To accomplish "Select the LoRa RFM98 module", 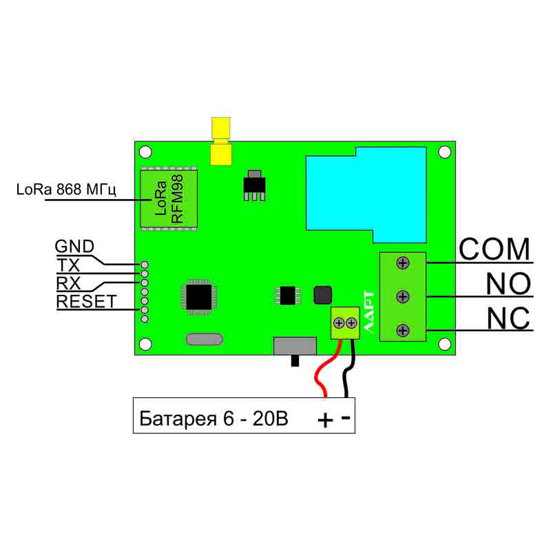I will [168, 197].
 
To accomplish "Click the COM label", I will [494, 249].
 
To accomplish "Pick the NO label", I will [508, 284].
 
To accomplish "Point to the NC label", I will [508, 319].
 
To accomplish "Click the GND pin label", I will [74, 247].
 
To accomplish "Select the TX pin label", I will [68, 265].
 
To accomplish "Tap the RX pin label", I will [69, 283].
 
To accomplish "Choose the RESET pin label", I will [86, 301].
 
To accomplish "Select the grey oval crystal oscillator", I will [205, 339].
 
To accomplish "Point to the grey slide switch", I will [295, 347].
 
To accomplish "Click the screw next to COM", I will [404, 262].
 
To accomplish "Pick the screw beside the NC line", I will [404, 329].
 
